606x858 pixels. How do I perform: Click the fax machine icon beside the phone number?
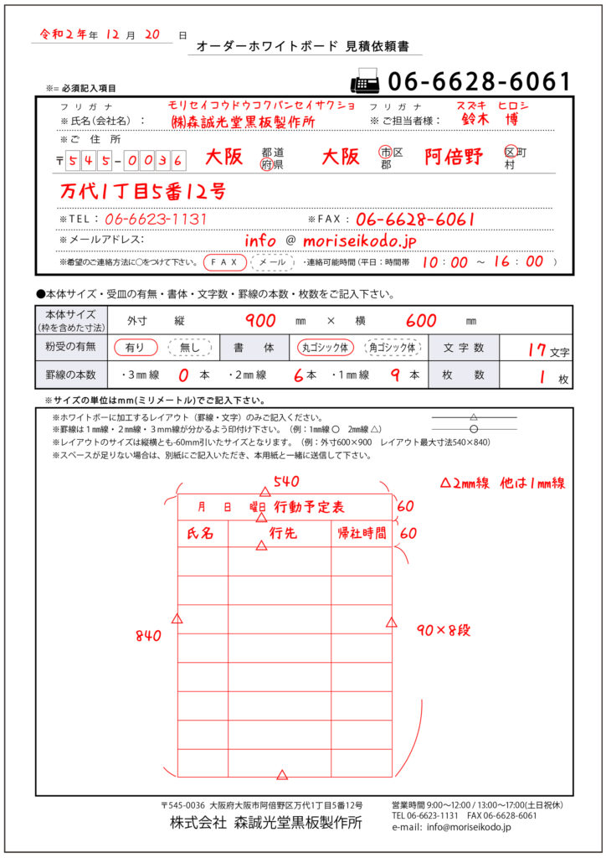(364, 82)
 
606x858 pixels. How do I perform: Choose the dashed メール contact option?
(272, 262)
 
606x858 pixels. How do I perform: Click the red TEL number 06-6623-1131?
(157, 219)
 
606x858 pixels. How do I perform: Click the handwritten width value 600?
(421, 321)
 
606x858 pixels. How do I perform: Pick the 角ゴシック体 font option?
(393, 347)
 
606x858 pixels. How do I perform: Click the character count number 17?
(537, 349)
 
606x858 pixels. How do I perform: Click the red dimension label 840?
(149, 636)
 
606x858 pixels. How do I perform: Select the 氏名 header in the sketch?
(201, 533)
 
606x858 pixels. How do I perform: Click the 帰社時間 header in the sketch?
(362, 533)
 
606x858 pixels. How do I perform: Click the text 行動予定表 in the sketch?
(309, 507)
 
